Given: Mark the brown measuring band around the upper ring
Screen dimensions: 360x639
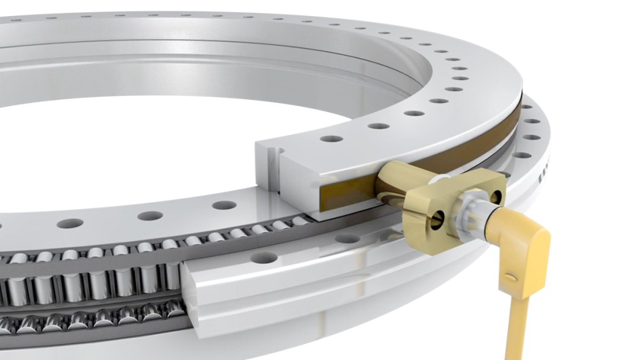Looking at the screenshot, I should click(447, 153).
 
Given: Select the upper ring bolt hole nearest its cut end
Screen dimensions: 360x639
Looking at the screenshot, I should click(331, 138).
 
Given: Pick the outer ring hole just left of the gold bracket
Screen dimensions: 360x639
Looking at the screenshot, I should click(348, 239).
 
